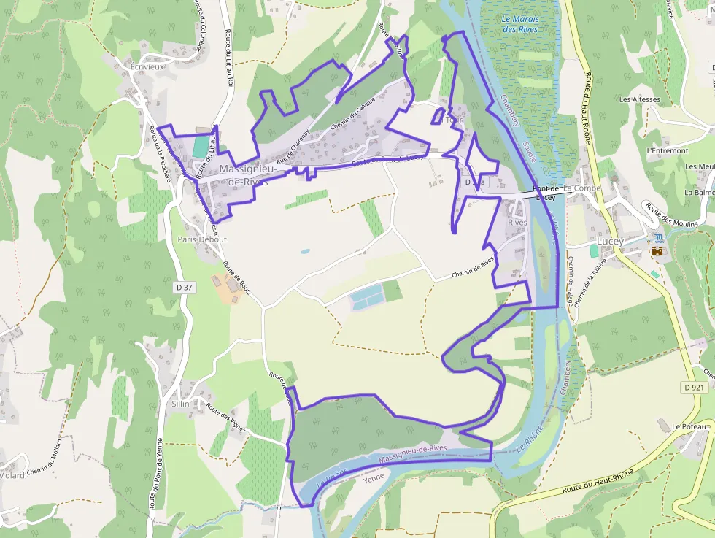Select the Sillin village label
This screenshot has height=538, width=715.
(180, 404)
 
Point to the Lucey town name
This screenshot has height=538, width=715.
(610, 241)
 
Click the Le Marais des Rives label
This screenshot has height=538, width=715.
(519, 23)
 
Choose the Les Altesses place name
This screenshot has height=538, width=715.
(639, 99)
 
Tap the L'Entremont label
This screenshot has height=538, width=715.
(668, 150)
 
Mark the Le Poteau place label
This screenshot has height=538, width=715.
(690, 426)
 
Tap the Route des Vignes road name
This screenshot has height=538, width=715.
(225, 417)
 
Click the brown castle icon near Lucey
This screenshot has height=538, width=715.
(658, 251)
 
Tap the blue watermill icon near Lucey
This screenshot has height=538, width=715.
(659, 238)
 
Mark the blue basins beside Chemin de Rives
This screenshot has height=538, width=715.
(366, 296)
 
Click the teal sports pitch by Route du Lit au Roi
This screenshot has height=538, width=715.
(200, 146)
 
